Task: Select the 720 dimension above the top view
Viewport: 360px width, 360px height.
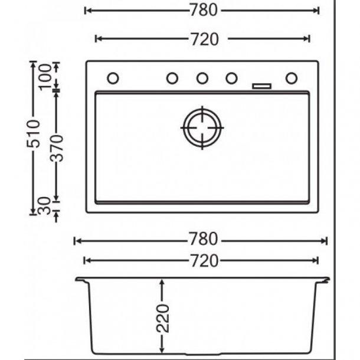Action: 203,39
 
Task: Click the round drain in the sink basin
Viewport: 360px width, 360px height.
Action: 202,127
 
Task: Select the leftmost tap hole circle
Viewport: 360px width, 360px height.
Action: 113,78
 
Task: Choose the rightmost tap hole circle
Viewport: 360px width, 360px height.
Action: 292,78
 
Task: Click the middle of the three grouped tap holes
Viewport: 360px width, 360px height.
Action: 202,78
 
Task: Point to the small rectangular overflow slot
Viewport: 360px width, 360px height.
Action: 261,86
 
